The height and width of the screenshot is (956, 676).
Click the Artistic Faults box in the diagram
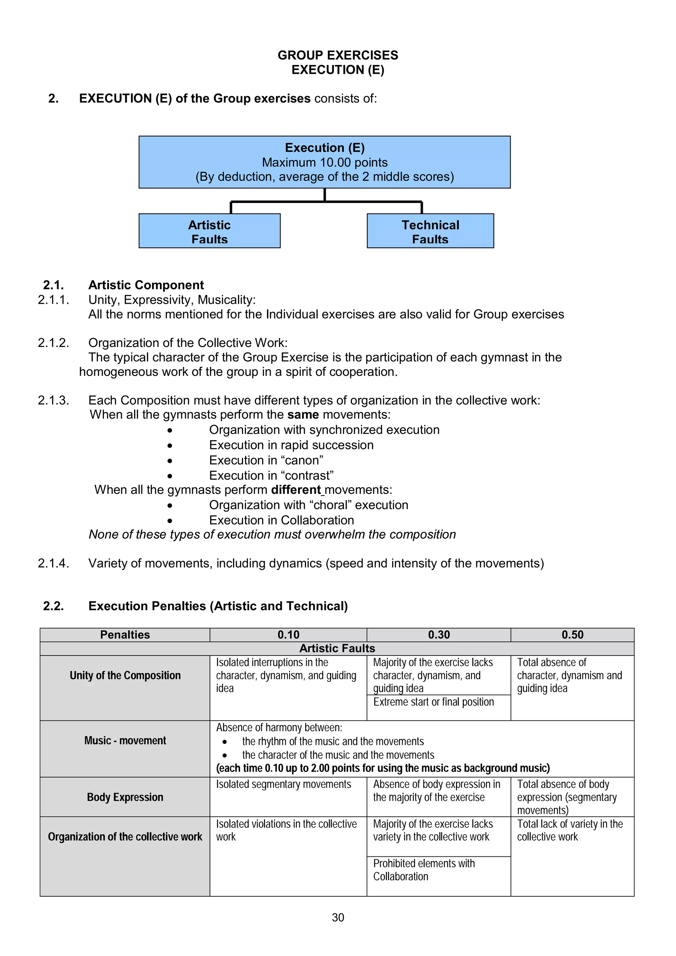(210, 231)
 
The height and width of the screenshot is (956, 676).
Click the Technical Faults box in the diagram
(430, 231)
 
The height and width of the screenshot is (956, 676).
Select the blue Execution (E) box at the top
(324, 162)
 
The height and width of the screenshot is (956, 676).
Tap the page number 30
(338, 918)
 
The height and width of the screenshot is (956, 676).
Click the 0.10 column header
(288, 635)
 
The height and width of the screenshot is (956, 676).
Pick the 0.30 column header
(439, 635)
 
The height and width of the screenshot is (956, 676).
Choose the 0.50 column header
(572, 635)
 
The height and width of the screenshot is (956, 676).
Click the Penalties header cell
(125, 635)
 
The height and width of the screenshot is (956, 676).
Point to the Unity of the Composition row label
(125, 675)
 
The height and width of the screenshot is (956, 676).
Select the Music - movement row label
(125, 741)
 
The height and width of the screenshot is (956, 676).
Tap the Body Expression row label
(125, 797)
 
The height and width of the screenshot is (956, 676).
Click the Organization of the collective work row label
(125, 837)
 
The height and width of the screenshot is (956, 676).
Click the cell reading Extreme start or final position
(434, 702)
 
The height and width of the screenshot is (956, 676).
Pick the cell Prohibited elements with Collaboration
(424, 870)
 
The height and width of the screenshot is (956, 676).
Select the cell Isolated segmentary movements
(284, 784)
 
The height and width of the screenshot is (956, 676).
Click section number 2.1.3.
(53, 400)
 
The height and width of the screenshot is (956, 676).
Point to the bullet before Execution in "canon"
(170, 461)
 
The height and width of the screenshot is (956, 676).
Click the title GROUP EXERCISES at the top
(338, 55)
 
